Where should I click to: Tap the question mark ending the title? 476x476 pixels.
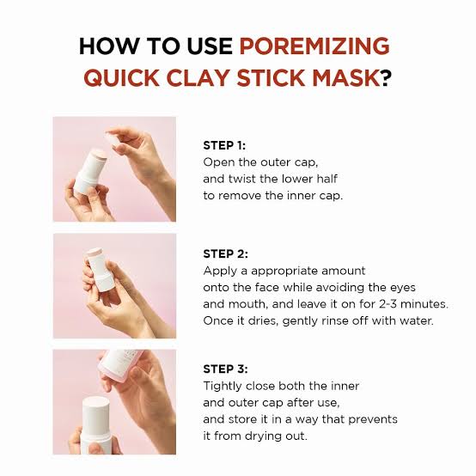click(x=388, y=78)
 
